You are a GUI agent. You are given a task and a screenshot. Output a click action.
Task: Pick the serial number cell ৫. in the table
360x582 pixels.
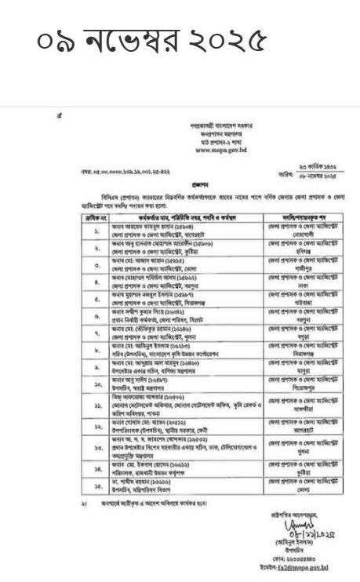[72, 301]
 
